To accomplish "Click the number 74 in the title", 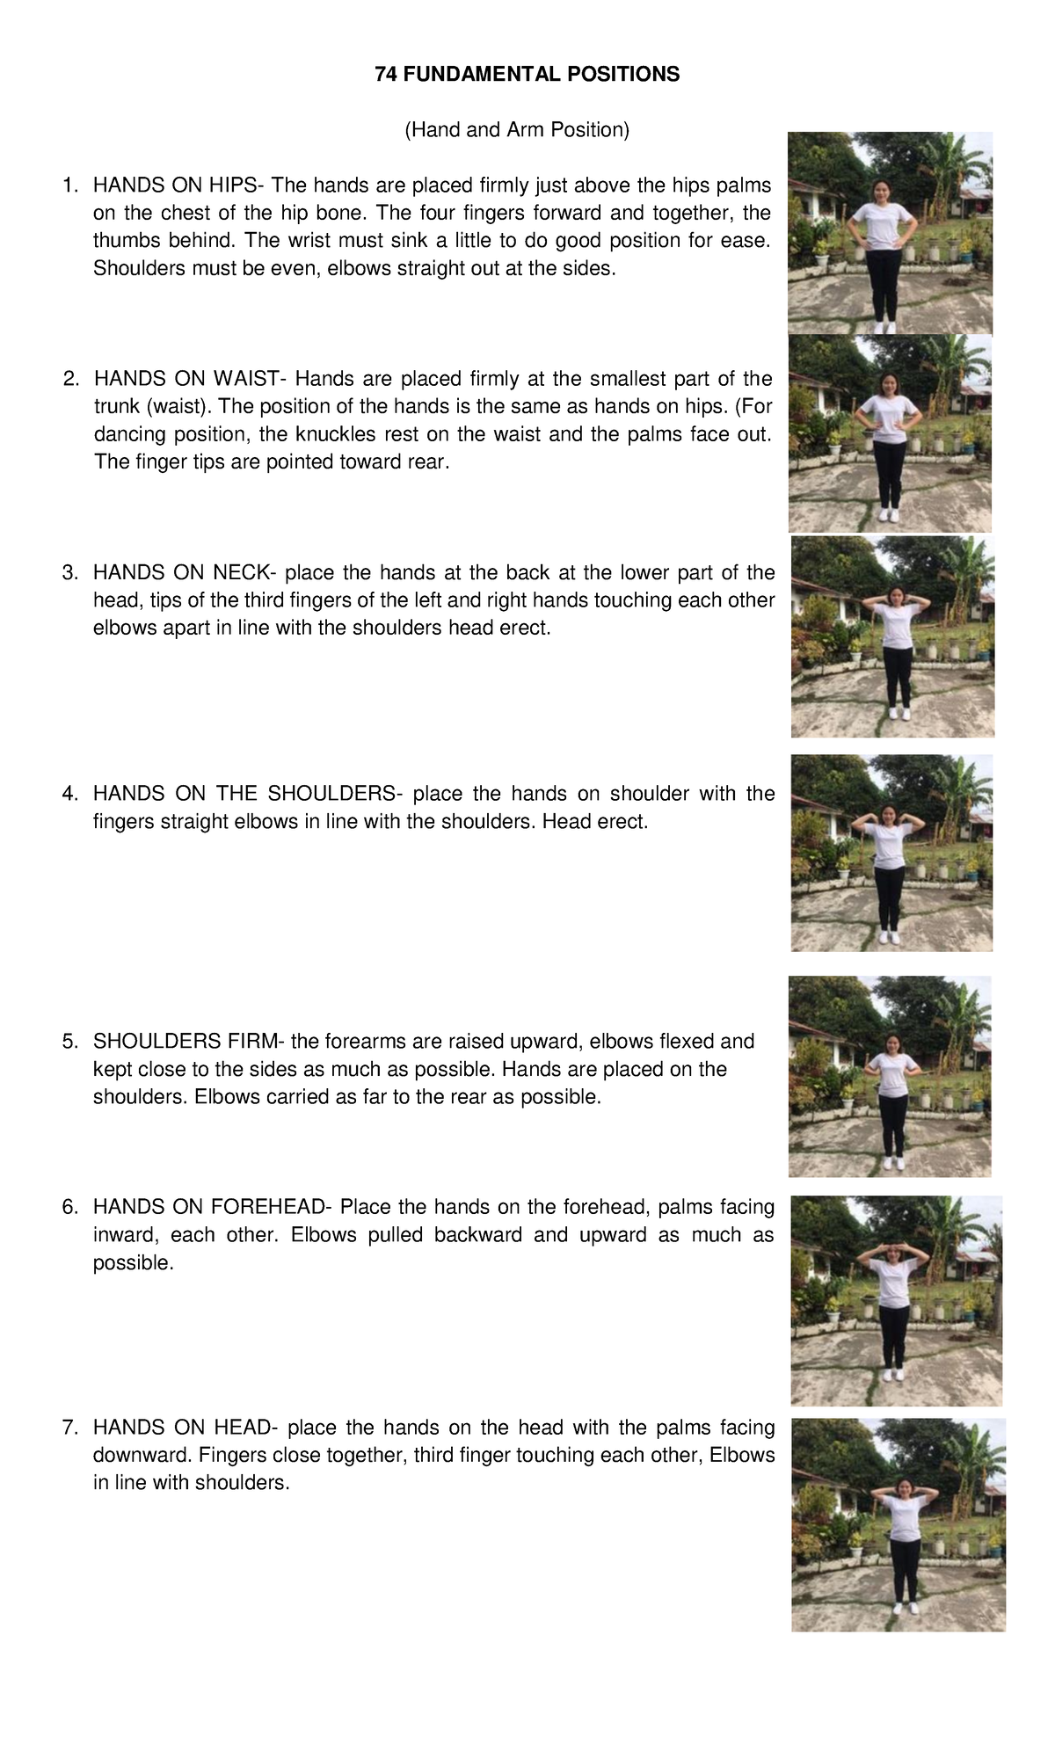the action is coord(385,75).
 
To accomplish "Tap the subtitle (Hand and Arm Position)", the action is coord(517,131).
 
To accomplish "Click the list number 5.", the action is coord(69,1042).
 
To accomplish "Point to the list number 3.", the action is coord(69,573).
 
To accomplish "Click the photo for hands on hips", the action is coord(890,233).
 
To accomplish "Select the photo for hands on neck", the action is coord(892,636).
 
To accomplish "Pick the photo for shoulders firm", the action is coord(890,1077).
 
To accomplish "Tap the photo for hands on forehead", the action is coord(897,1301).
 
